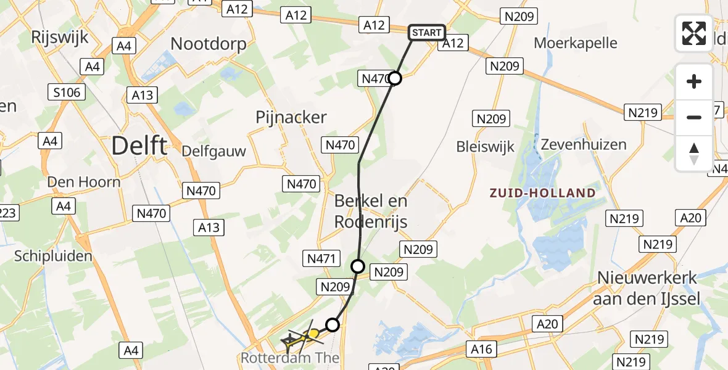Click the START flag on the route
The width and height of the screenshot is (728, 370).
426,33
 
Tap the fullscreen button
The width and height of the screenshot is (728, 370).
694,33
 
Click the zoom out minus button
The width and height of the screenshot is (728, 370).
694,117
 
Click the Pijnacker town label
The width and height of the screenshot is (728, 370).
291,117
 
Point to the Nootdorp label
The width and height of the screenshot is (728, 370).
209,44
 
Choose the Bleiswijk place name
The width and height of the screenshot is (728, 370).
485,147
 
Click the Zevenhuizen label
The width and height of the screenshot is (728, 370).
584,145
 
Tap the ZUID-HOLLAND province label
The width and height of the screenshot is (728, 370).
542,193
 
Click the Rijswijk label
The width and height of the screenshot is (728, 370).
60,36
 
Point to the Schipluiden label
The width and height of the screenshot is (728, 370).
53,256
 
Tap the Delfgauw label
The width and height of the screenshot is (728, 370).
213,151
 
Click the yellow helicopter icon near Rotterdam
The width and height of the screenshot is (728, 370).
313,335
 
